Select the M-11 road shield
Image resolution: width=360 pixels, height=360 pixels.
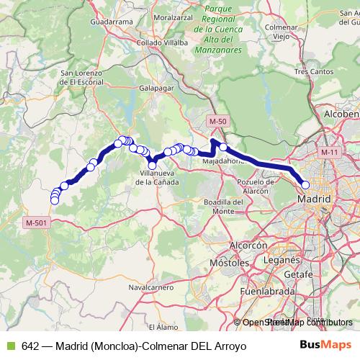330,153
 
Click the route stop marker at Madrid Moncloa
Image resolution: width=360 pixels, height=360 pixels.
305,185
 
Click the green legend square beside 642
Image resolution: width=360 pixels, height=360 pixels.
9,346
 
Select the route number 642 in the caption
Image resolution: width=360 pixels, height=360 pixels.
30,346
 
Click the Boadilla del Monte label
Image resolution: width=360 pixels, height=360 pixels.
222,207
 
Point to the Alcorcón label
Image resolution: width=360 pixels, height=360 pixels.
248,246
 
